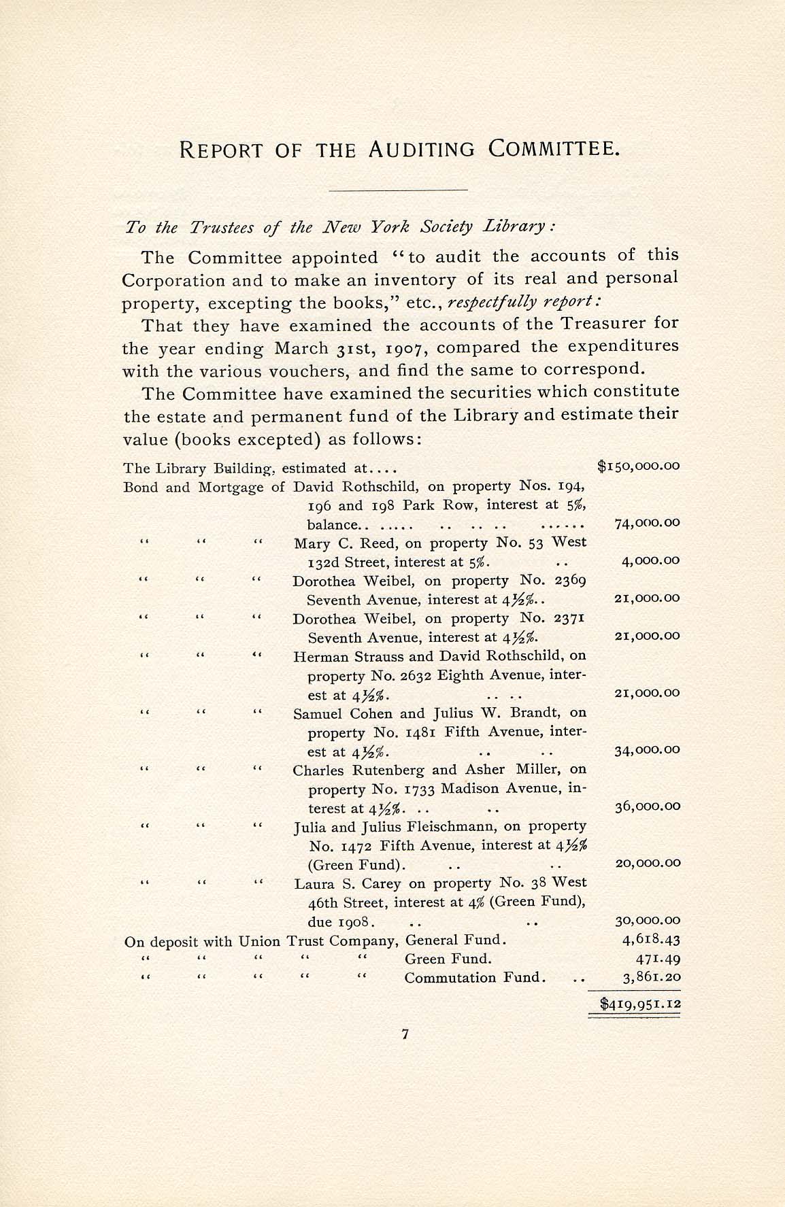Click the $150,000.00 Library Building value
638,466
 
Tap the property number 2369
570,581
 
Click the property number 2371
570,619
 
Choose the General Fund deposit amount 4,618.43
652,940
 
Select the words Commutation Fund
475,978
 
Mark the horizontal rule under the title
398,189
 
